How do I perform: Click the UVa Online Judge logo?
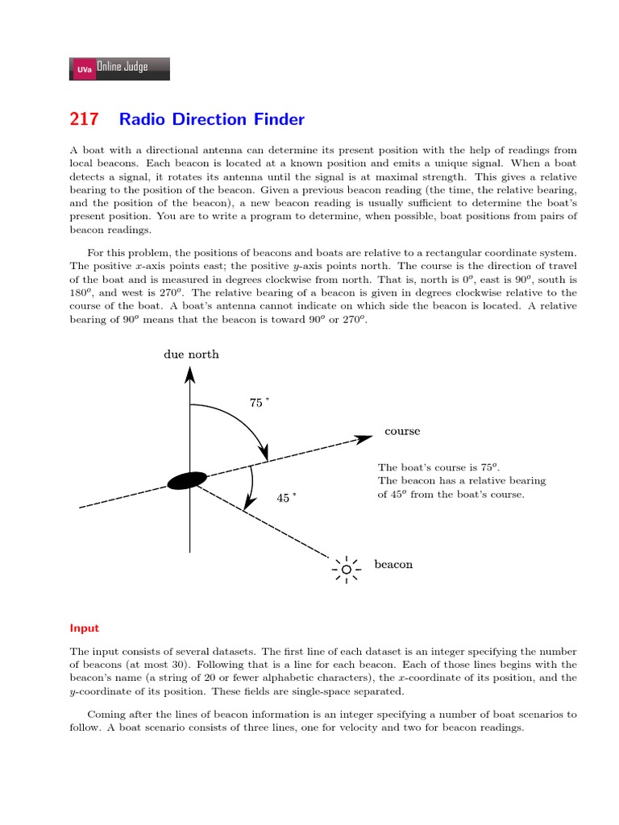tap(120, 68)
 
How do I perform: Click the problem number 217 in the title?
tap(84, 120)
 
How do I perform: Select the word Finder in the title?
tap(279, 120)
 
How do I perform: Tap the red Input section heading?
tap(84, 628)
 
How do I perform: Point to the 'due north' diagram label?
tap(191, 354)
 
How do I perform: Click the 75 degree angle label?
tap(258, 403)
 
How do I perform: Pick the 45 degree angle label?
tap(285, 498)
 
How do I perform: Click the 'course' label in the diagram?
tap(402, 431)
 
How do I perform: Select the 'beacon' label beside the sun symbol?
tap(393, 565)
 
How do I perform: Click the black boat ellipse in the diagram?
tap(187, 480)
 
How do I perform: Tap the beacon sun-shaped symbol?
tap(347, 569)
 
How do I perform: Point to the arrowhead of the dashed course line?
tap(365, 438)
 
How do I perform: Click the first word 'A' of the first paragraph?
tap(73, 150)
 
